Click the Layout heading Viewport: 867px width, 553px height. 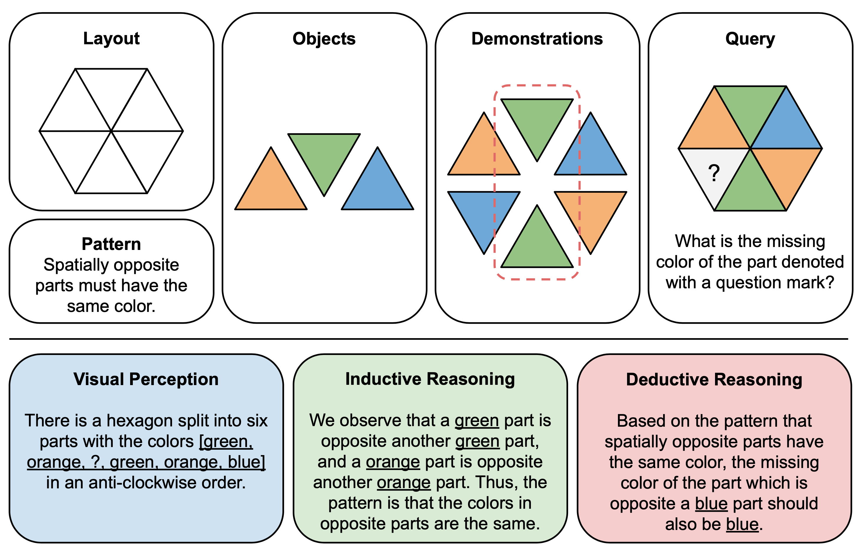[111, 39]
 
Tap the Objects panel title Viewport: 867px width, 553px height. [324, 39]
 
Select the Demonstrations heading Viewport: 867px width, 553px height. [537, 39]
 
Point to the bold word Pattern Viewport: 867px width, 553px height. [111, 244]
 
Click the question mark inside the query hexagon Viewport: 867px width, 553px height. [714, 173]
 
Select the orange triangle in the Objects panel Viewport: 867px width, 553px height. [271, 187]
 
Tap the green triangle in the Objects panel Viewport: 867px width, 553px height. [324, 155]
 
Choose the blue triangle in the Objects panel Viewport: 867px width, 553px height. [377, 187]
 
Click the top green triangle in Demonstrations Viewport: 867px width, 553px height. [537, 121]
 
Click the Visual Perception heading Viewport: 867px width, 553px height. [146, 379]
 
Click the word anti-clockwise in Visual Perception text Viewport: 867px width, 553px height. [142, 483]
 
